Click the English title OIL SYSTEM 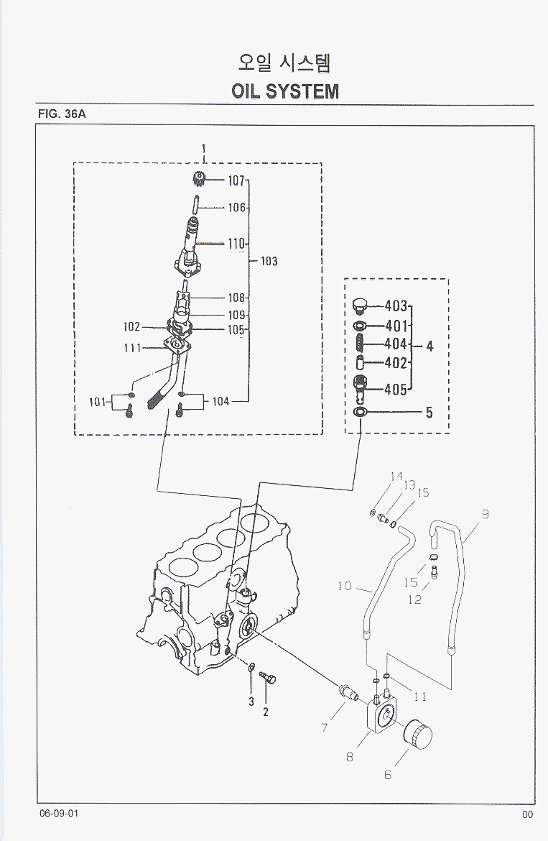click(285, 91)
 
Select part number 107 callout click(237, 180)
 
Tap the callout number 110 click(237, 244)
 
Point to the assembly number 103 click(269, 261)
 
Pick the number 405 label click(396, 390)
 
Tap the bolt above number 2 click(269, 677)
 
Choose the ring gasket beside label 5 click(360, 412)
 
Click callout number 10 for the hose click(345, 586)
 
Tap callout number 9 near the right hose click(485, 514)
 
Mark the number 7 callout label click(325, 728)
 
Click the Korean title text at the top click(285, 63)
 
